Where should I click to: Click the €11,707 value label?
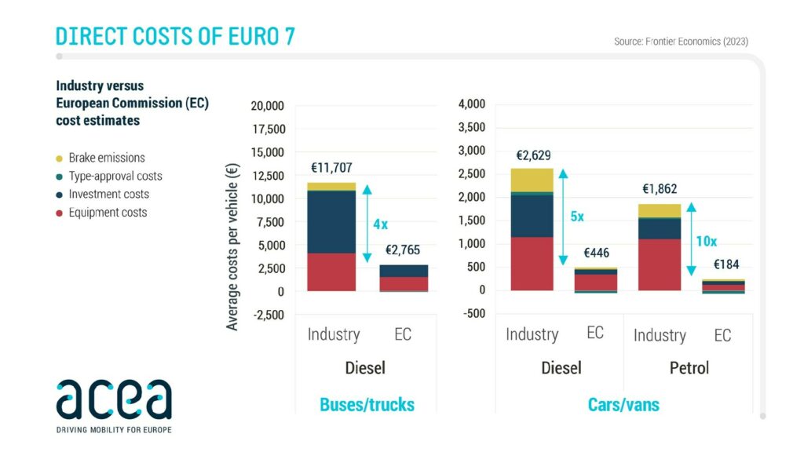(x=334, y=168)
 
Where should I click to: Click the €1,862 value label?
(x=660, y=188)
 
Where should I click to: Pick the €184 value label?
(x=723, y=264)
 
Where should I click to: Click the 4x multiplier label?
(x=381, y=224)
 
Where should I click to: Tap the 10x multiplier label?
(x=707, y=241)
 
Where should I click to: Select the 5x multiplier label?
(x=576, y=217)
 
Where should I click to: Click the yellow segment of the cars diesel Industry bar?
(x=532, y=180)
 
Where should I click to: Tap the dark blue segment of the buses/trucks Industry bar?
(x=331, y=221)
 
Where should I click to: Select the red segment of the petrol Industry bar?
(x=659, y=264)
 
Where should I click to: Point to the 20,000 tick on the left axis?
(x=267, y=106)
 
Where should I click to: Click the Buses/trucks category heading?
(x=367, y=405)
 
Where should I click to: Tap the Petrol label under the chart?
(x=688, y=367)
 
